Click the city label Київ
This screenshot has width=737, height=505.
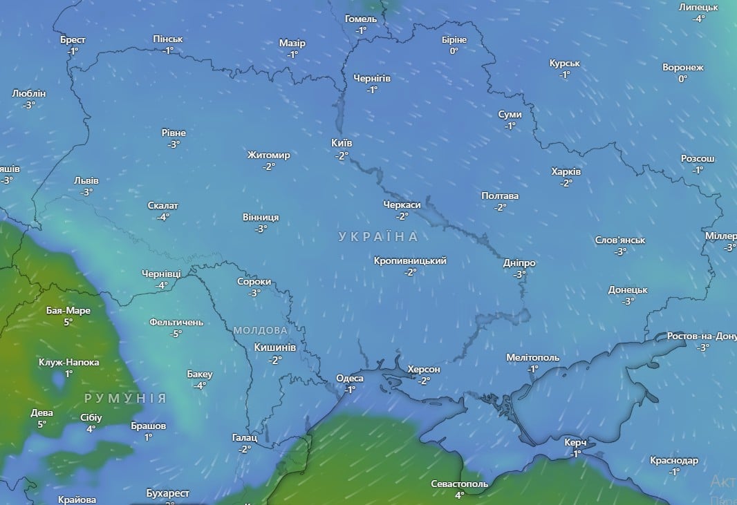pyautogui.click(x=342, y=143)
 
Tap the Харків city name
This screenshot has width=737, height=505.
pyautogui.click(x=566, y=171)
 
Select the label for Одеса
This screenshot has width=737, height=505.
pyautogui.click(x=349, y=378)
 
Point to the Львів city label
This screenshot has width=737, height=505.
pyautogui.click(x=86, y=180)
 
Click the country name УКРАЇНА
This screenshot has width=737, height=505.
pyautogui.click(x=378, y=237)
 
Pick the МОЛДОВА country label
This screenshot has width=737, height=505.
pyautogui.click(x=260, y=330)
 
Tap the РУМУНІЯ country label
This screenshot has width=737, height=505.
pyautogui.click(x=125, y=398)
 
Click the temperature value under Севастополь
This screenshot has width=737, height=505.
pyautogui.click(x=459, y=495)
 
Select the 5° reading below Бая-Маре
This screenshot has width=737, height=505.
pyautogui.click(x=68, y=322)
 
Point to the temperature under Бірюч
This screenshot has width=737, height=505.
pyautogui.click(x=454, y=51)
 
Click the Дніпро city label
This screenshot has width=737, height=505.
pyautogui.click(x=520, y=263)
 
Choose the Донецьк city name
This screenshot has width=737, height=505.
pyautogui.click(x=628, y=289)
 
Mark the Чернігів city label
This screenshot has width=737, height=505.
pyautogui.click(x=371, y=78)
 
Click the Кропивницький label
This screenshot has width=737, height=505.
pyautogui.click(x=410, y=260)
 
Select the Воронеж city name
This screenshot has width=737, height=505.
pyautogui.click(x=682, y=68)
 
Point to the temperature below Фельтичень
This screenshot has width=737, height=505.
pyautogui.click(x=176, y=334)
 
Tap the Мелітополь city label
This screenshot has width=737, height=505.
pyautogui.click(x=532, y=357)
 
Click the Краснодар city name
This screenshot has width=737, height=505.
pyautogui.click(x=674, y=460)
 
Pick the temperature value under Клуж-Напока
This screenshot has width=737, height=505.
pyautogui.click(x=68, y=374)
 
